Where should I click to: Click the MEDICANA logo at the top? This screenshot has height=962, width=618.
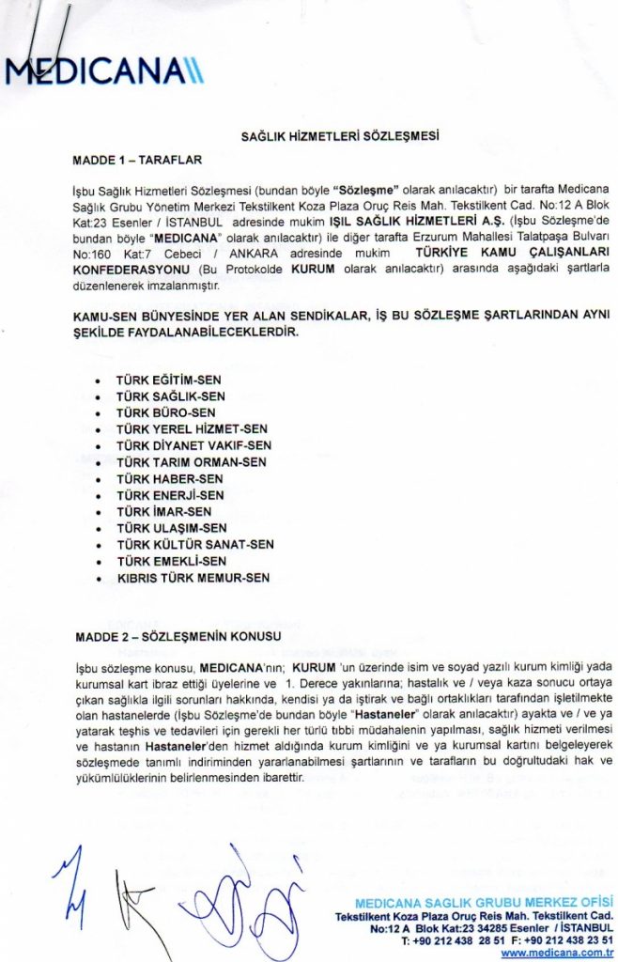[103, 70]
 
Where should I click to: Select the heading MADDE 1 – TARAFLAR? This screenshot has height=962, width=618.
[137, 160]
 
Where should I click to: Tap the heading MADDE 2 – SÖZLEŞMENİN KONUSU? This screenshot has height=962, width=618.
[178, 637]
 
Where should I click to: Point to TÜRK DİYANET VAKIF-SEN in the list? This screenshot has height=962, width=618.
[193, 445]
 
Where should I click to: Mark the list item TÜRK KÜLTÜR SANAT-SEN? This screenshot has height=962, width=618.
[195, 544]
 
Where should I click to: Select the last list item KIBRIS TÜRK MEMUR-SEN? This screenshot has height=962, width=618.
[193, 577]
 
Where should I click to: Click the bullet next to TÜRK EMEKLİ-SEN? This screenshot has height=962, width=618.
[100, 562]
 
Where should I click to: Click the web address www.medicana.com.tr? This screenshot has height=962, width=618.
[557, 952]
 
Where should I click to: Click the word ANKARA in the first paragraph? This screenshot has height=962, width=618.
[239, 254]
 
